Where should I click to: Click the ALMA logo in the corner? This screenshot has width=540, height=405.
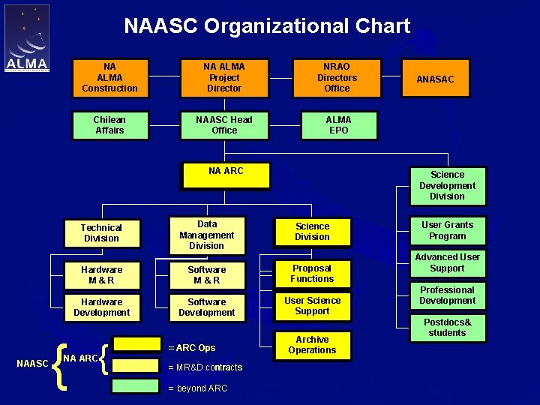pos(27,38)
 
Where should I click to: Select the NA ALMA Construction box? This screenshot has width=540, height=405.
pos(110,77)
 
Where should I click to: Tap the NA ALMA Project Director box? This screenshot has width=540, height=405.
pos(224,77)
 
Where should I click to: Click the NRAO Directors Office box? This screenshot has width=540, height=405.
pos(337,77)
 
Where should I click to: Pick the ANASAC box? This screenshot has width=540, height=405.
pos(435,79)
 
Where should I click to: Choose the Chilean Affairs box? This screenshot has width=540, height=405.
pos(109,125)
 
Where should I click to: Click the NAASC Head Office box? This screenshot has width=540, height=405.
pos(224,125)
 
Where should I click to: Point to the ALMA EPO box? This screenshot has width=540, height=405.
pos(338,125)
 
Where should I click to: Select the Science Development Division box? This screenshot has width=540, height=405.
pos(447,185)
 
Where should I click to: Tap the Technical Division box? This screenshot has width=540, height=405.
pos(101,232)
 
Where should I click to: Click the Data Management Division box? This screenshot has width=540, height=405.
pos(206,235)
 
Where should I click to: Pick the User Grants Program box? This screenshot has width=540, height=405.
pos(447,230)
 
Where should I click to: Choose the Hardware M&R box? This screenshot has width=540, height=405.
pos(101,274)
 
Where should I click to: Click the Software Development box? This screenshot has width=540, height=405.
pos(206,307)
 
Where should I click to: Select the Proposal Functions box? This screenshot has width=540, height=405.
pos(312,273)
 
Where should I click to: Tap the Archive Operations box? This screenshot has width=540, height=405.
pos(312,344)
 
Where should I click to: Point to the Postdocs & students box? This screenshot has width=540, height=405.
pos(447,328)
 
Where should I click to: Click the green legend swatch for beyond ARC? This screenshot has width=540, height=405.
pos(136,386)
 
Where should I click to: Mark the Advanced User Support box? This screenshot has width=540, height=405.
pos(447,262)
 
